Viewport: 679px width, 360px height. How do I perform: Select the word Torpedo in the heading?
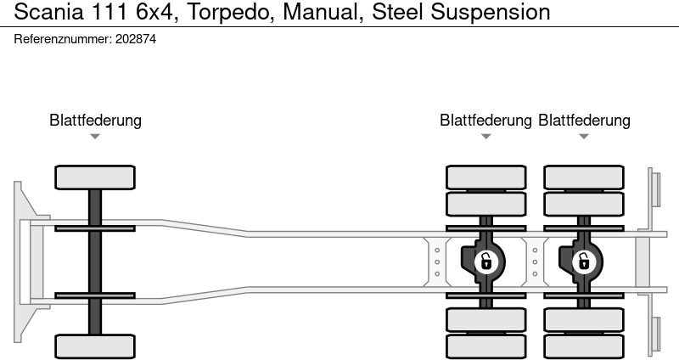click(223, 12)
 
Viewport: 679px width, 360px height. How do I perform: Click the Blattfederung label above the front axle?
click(95, 121)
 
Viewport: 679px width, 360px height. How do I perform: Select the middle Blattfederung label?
click(485, 121)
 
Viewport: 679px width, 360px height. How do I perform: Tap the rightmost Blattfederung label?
click(584, 121)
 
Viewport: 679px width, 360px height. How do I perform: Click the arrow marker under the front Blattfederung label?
click(95, 137)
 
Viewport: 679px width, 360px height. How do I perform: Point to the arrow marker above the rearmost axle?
click(584, 137)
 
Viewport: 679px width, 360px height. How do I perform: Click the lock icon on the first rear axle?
click(485, 261)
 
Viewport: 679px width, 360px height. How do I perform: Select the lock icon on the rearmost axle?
click(583, 261)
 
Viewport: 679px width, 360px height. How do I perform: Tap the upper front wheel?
click(95, 177)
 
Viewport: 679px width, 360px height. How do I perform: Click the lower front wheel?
click(95, 346)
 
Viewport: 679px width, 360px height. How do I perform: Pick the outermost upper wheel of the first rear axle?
click(485, 177)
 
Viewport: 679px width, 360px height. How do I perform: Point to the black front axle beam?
click(95, 262)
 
